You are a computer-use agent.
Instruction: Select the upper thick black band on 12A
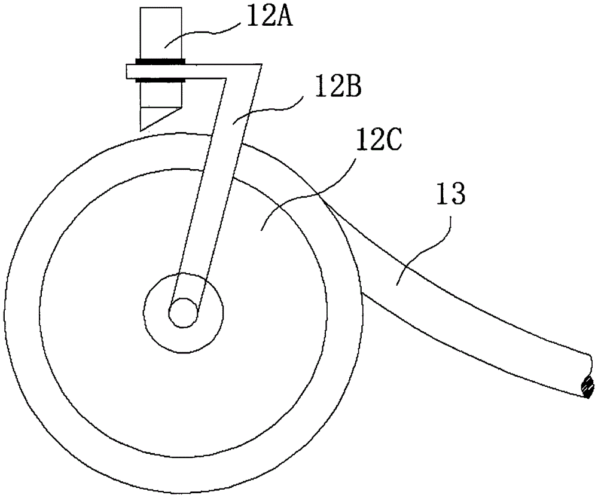click(x=160, y=61)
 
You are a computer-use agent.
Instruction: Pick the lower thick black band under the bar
click(x=160, y=78)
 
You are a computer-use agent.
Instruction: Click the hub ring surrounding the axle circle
click(x=209, y=311)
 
